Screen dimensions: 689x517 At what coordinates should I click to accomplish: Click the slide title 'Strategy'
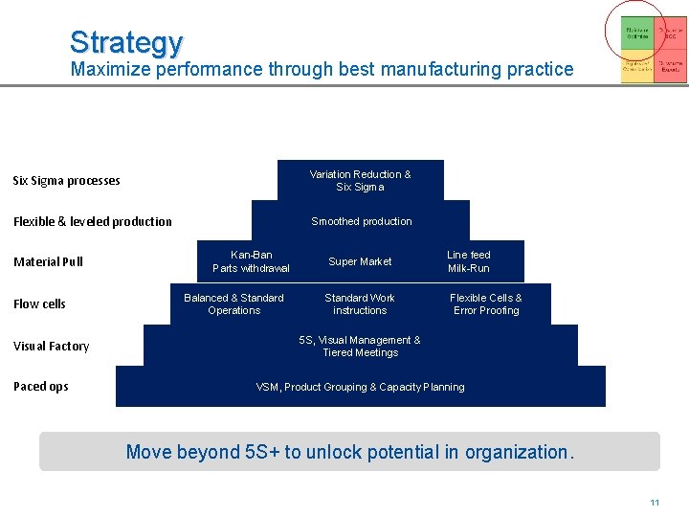click(x=125, y=42)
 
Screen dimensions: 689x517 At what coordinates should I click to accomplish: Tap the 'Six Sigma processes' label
click(x=66, y=181)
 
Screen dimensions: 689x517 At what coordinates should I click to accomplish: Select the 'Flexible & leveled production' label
click(x=92, y=222)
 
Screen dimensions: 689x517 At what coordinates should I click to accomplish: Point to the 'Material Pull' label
click(x=48, y=262)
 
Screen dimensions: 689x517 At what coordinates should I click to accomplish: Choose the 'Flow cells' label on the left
click(x=39, y=304)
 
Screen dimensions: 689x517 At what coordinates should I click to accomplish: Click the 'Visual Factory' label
click(x=51, y=347)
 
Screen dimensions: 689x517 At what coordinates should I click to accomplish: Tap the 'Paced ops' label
click(x=40, y=387)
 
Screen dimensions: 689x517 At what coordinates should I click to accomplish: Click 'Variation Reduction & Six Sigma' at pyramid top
click(x=360, y=181)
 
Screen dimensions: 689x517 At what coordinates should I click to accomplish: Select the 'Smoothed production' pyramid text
click(x=362, y=221)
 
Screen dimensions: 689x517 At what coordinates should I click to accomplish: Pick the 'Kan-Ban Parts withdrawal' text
click(x=251, y=261)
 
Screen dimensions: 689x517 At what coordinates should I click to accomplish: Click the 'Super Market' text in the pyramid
click(x=360, y=261)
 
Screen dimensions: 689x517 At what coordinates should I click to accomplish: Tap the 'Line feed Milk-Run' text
click(x=469, y=261)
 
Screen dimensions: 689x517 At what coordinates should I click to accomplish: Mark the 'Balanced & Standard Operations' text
click(x=233, y=304)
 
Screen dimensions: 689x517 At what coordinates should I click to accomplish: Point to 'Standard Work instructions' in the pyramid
click(x=360, y=304)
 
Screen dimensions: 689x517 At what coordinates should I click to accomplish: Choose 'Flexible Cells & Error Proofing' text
click(x=486, y=304)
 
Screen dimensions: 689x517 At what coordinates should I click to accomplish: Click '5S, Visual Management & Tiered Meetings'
click(x=360, y=347)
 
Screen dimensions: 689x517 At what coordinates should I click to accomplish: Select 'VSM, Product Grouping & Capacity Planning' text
click(x=360, y=387)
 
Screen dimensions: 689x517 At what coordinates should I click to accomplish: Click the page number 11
click(x=655, y=503)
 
